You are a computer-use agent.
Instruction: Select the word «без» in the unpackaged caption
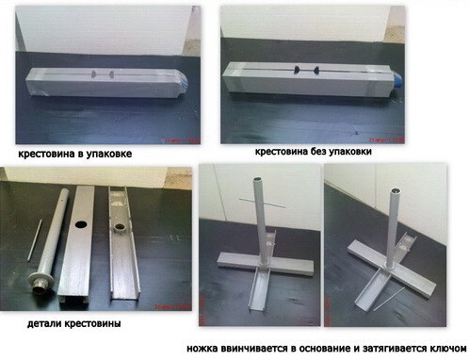click(x=317, y=152)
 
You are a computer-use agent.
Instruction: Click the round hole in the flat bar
click(x=81, y=224)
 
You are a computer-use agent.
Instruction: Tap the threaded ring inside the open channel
click(x=120, y=227)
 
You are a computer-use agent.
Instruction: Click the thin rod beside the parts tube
click(x=35, y=239)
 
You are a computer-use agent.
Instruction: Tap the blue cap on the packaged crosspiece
click(x=184, y=81)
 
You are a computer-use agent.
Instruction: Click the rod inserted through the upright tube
click(x=262, y=203)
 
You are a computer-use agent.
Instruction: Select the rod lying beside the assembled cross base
click(x=389, y=299)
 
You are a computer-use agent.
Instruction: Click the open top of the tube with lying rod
click(x=395, y=190)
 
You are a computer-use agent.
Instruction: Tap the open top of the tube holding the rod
click(x=258, y=179)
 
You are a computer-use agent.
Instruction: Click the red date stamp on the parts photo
click(x=172, y=306)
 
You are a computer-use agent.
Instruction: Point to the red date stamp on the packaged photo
click(x=182, y=140)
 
